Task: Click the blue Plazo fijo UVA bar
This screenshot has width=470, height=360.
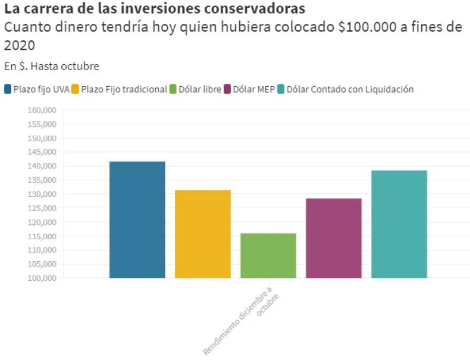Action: pyautogui.click(x=137, y=220)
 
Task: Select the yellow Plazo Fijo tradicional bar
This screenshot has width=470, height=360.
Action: pyautogui.click(x=203, y=234)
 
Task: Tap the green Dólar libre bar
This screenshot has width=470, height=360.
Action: pyautogui.click(x=268, y=255)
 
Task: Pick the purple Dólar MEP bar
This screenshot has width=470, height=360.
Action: pyautogui.click(x=334, y=238)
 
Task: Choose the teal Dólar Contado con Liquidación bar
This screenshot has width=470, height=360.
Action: pyautogui.click(x=399, y=224)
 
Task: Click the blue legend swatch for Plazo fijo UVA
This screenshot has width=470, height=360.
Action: pyautogui.click(x=8, y=89)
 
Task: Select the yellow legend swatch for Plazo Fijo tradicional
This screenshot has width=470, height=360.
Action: pyautogui.click(x=75, y=89)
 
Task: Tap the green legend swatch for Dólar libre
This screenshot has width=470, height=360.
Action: pyautogui.click(x=174, y=89)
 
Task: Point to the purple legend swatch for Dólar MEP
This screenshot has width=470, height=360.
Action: pyautogui.click(x=227, y=89)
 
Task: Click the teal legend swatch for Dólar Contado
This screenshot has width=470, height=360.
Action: pyautogui.click(x=281, y=89)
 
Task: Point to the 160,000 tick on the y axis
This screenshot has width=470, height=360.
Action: pyautogui.click(x=42, y=110)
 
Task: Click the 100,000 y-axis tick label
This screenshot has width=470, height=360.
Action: pyautogui.click(x=42, y=278)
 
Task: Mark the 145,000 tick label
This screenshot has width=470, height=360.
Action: pyautogui.click(x=42, y=152)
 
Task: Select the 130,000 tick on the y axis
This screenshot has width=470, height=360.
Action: pyautogui.click(x=42, y=194)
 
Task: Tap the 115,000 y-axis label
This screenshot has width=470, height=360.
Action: pyautogui.click(x=42, y=236)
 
